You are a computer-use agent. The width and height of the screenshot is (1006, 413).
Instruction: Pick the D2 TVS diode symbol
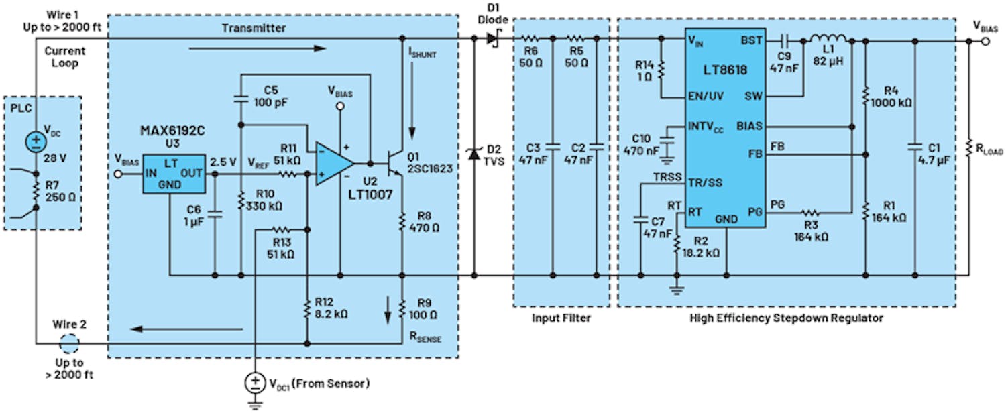point(474,154)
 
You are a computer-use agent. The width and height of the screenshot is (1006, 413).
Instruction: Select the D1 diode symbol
point(493,39)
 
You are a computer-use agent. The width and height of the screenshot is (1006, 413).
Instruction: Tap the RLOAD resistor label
point(989,152)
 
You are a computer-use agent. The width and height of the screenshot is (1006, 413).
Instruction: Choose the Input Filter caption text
point(561,318)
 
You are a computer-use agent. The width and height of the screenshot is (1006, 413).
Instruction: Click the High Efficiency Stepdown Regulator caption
point(786,318)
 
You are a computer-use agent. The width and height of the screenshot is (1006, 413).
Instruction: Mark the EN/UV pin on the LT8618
point(706,97)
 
